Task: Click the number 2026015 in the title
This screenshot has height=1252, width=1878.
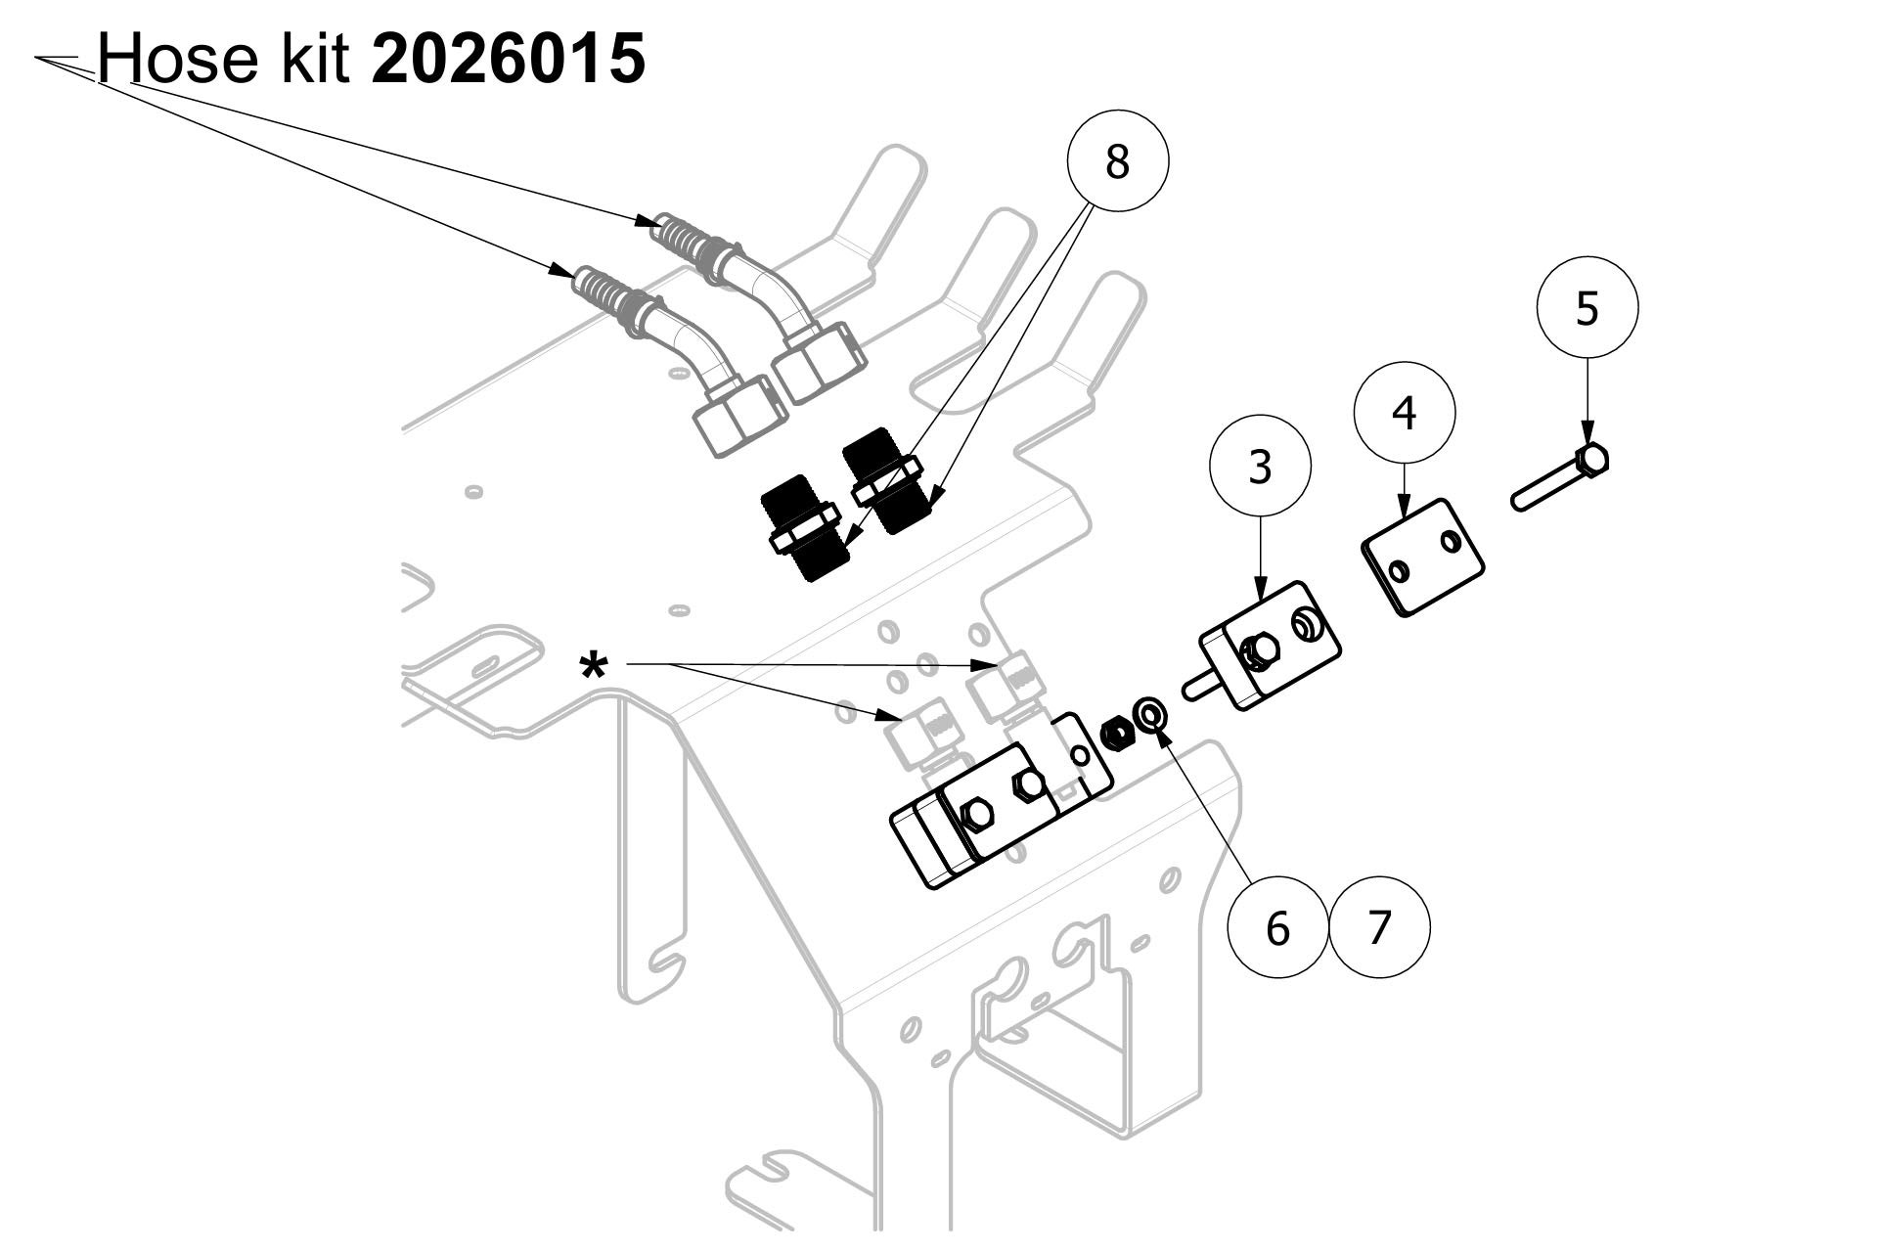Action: (509, 59)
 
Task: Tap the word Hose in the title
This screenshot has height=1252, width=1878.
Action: (175, 59)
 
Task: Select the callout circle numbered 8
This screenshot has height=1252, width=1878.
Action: (1117, 160)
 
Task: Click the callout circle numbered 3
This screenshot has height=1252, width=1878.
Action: (1261, 467)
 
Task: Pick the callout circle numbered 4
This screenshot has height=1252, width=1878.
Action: (1405, 413)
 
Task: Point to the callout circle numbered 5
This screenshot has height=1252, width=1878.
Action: (1587, 307)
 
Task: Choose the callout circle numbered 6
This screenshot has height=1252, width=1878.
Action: (1278, 926)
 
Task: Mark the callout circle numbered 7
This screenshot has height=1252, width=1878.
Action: (1379, 926)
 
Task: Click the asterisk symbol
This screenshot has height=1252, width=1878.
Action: (594, 669)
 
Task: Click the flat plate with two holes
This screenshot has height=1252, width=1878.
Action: (1423, 557)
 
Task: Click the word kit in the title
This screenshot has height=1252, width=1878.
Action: (311, 59)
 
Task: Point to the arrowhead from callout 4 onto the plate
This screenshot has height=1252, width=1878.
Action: (1405, 506)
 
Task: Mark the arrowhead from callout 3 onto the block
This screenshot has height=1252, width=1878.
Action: (1261, 589)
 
